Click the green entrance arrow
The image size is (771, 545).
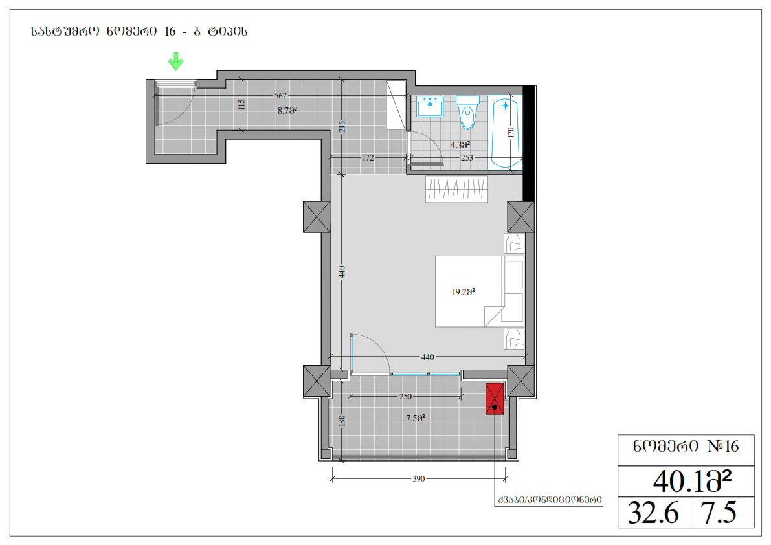click(x=175, y=61)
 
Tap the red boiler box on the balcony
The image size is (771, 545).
click(x=495, y=399)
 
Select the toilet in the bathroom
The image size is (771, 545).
click(x=467, y=113)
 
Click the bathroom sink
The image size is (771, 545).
click(x=430, y=106)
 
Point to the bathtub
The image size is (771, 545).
click(x=505, y=132)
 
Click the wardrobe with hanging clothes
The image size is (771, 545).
click(x=457, y=189)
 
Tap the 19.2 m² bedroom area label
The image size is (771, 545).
click(x=464, y=292)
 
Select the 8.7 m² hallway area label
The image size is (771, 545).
click(x=287, y=111)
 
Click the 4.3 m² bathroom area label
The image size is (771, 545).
click(x=460, y=145)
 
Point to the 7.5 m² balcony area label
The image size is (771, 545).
click(x=416, y=418)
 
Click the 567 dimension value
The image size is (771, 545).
click(x=280, y=95)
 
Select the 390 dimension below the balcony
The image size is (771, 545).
click(x=418, y=479)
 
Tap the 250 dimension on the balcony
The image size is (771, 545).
click(x=405, y=397)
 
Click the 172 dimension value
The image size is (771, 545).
click(x=368, y=158)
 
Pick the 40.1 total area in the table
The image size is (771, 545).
click(x=692, y=481)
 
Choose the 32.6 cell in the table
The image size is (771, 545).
click(x=653, y=513)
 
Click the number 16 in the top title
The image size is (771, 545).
click(x=170, y=32)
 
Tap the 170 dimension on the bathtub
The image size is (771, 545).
click(x=510, y=132)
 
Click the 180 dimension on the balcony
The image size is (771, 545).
click(x=342, y=421)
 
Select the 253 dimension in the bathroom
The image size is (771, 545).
click(x=467, y=158)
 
